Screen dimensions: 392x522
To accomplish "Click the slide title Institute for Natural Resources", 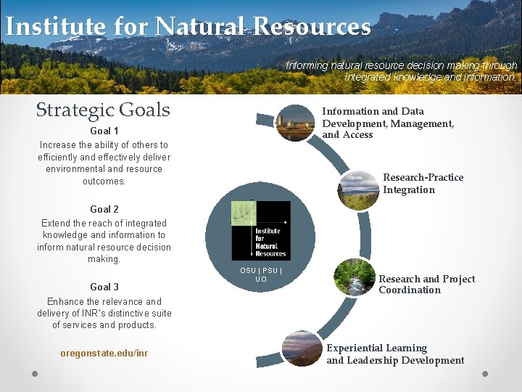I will pyautogui.click(x=187, y=26).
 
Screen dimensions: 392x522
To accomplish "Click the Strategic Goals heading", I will pyautogui.click(x=103, y=110).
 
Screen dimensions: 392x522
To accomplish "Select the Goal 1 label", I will pyautogui.click(x=104, y=131).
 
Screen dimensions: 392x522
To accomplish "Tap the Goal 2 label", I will pyautogui.click(x=104, y=209).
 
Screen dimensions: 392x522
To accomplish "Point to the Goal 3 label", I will pyautogui.click(x=104, y=287).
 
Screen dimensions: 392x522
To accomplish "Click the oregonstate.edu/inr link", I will pyautogui.click(x=104, y=353).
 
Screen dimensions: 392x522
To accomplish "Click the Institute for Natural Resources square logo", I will pyautogui.click(x=260, y=231).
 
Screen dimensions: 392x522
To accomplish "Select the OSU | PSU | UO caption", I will pyautogui.click(x=261, y=274).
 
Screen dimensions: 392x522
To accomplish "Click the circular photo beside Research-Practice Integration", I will pyautogui.click(x=358, y=190).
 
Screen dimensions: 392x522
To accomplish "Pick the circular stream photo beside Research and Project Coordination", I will pyautogui.click(x=354, y=278).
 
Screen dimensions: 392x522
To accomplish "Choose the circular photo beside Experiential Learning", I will pyautogui.click(x=302, y=349).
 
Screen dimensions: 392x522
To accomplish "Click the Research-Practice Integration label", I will pyautogui.click(x=423, y=184).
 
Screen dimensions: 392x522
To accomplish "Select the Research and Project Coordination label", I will pyautogui.click(x=426, y=284).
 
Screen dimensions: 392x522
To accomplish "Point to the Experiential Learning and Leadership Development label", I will pyautogui.click(x=395, y=354).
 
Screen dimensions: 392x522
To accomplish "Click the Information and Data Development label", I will pyautogui.click(x=388, y=123).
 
